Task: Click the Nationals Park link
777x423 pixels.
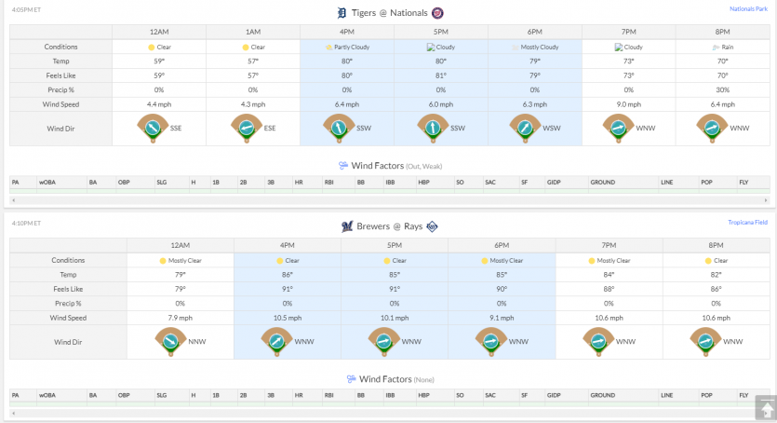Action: pos(748,9)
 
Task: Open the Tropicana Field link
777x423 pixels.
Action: pos(747,222)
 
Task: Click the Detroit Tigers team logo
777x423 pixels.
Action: pos(342,13)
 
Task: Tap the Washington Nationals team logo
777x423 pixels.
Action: pos(437,13)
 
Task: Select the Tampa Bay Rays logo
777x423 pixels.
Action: pos(432,226)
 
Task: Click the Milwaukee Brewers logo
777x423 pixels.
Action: pos(347,226)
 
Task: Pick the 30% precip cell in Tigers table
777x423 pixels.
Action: pos(722,89)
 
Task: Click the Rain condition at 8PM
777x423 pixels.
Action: pos(722,48)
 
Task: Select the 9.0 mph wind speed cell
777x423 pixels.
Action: pos(628,104)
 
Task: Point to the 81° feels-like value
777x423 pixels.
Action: pos(440,75)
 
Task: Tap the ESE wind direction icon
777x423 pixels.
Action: pos(247,129)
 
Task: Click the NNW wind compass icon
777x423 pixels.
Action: pos(170,342)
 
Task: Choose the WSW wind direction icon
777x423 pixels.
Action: pos(525,129)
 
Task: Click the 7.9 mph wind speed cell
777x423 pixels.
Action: pos(180,318)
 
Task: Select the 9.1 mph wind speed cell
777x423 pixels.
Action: pos(502,318)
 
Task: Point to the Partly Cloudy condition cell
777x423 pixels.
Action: pos(347,48)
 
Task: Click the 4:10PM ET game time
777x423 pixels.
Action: pos(26,224)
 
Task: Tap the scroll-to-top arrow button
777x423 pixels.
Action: pos(766,409)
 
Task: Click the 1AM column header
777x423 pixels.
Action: pos(253,32)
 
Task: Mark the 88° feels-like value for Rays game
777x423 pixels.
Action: pos(609,289)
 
